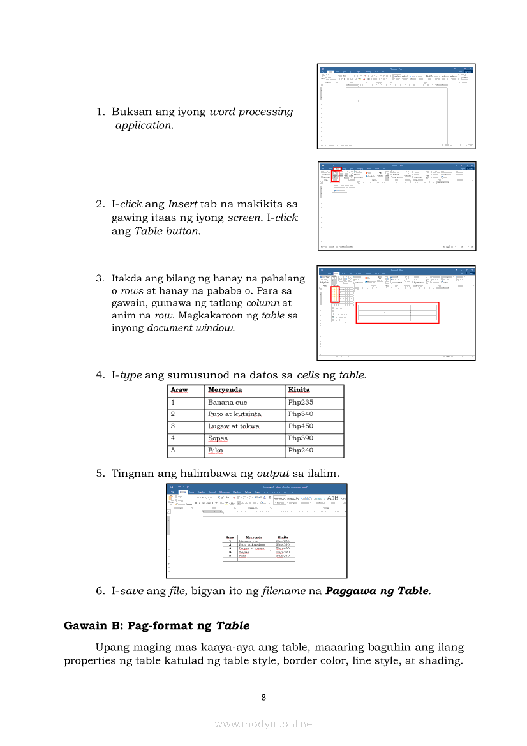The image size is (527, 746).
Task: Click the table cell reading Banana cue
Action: [x=228, y=403]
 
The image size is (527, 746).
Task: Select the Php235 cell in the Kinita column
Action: [x=301, y=403]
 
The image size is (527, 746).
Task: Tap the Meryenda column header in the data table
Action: [x=225, y=390]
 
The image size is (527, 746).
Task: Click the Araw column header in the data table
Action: [x=179, y=390]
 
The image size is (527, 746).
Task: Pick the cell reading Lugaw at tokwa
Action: [x=234, y=426]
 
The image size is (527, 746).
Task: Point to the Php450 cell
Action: [x=301, y=426]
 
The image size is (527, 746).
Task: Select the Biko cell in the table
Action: [x=216, y=451]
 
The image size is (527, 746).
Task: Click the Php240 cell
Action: [x=301, y=451]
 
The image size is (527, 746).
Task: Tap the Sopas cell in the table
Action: [x=218, y=438]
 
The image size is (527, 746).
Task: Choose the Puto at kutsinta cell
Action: [x=234, y=414]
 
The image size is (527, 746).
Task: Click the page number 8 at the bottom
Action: [x=263, y=698]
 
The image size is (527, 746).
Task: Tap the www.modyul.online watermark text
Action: [x=263, y=724]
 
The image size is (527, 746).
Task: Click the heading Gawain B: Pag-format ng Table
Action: [x=156, y=626]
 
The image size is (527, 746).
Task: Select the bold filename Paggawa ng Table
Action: [x=376, y=591]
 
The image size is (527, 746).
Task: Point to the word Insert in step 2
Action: [x=182, y=204]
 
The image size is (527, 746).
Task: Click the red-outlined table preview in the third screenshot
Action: [x=397, y=313]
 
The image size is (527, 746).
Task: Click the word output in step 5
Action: [x=273, y=474]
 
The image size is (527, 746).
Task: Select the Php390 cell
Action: [x=301, y=438]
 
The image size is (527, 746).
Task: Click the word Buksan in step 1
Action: [x=132, y=112]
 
